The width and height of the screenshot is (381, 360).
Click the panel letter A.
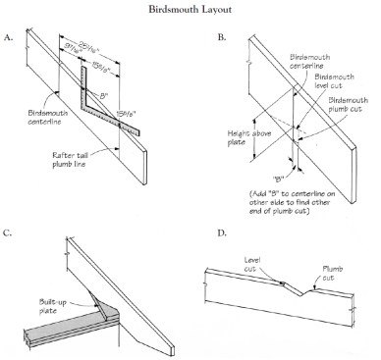point(9,37)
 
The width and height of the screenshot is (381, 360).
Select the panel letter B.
point(222,37)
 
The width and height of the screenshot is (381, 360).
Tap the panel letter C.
point(8,233)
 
